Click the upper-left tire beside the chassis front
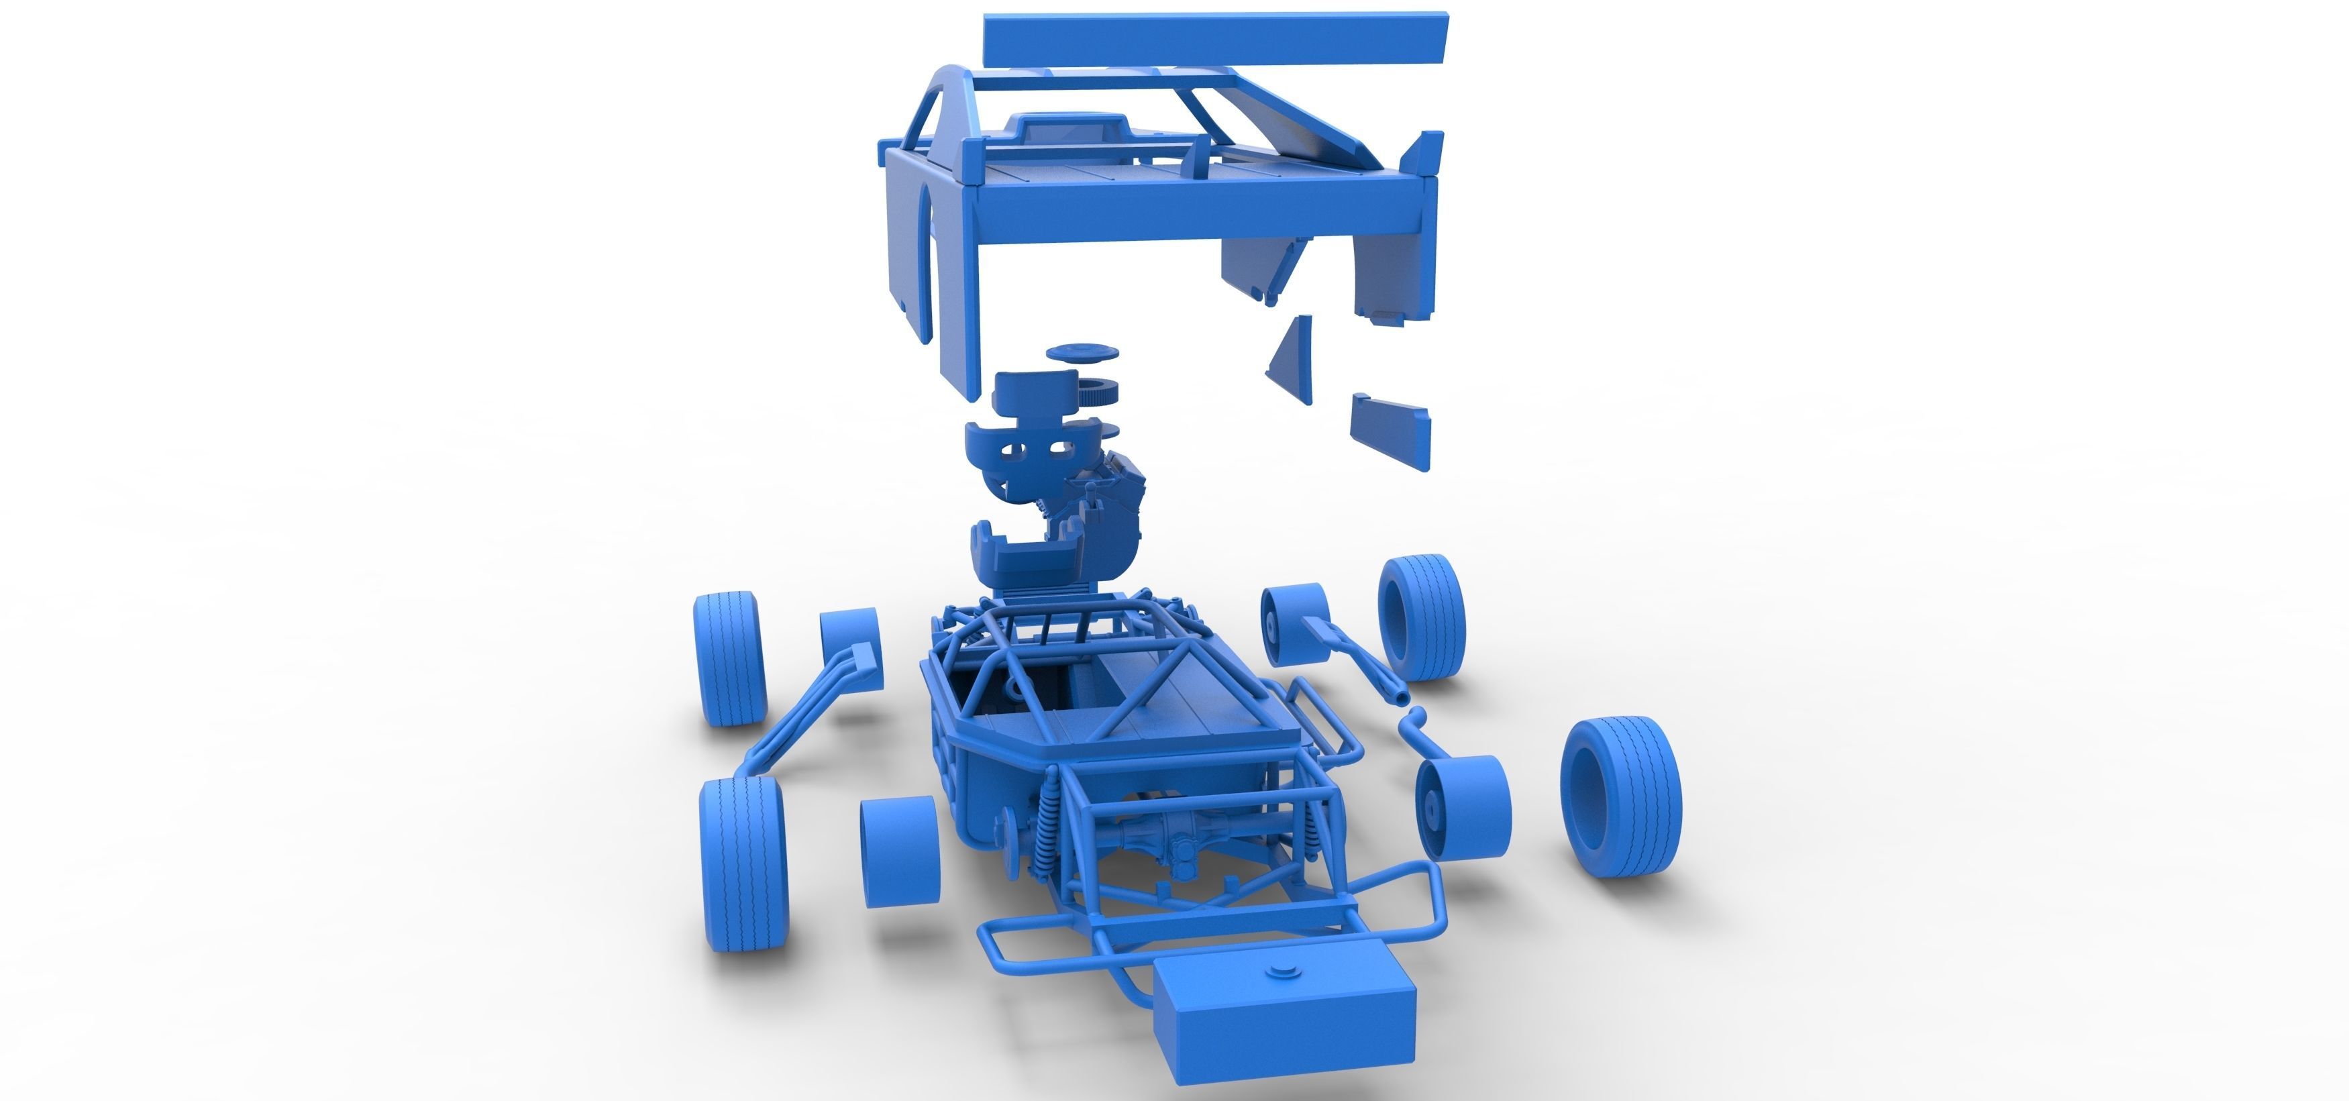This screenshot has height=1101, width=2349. (x=729, y=657)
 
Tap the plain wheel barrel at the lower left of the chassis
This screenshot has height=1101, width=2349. (x=899, y=850)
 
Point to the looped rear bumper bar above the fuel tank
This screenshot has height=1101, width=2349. (x=1213, y=912)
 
